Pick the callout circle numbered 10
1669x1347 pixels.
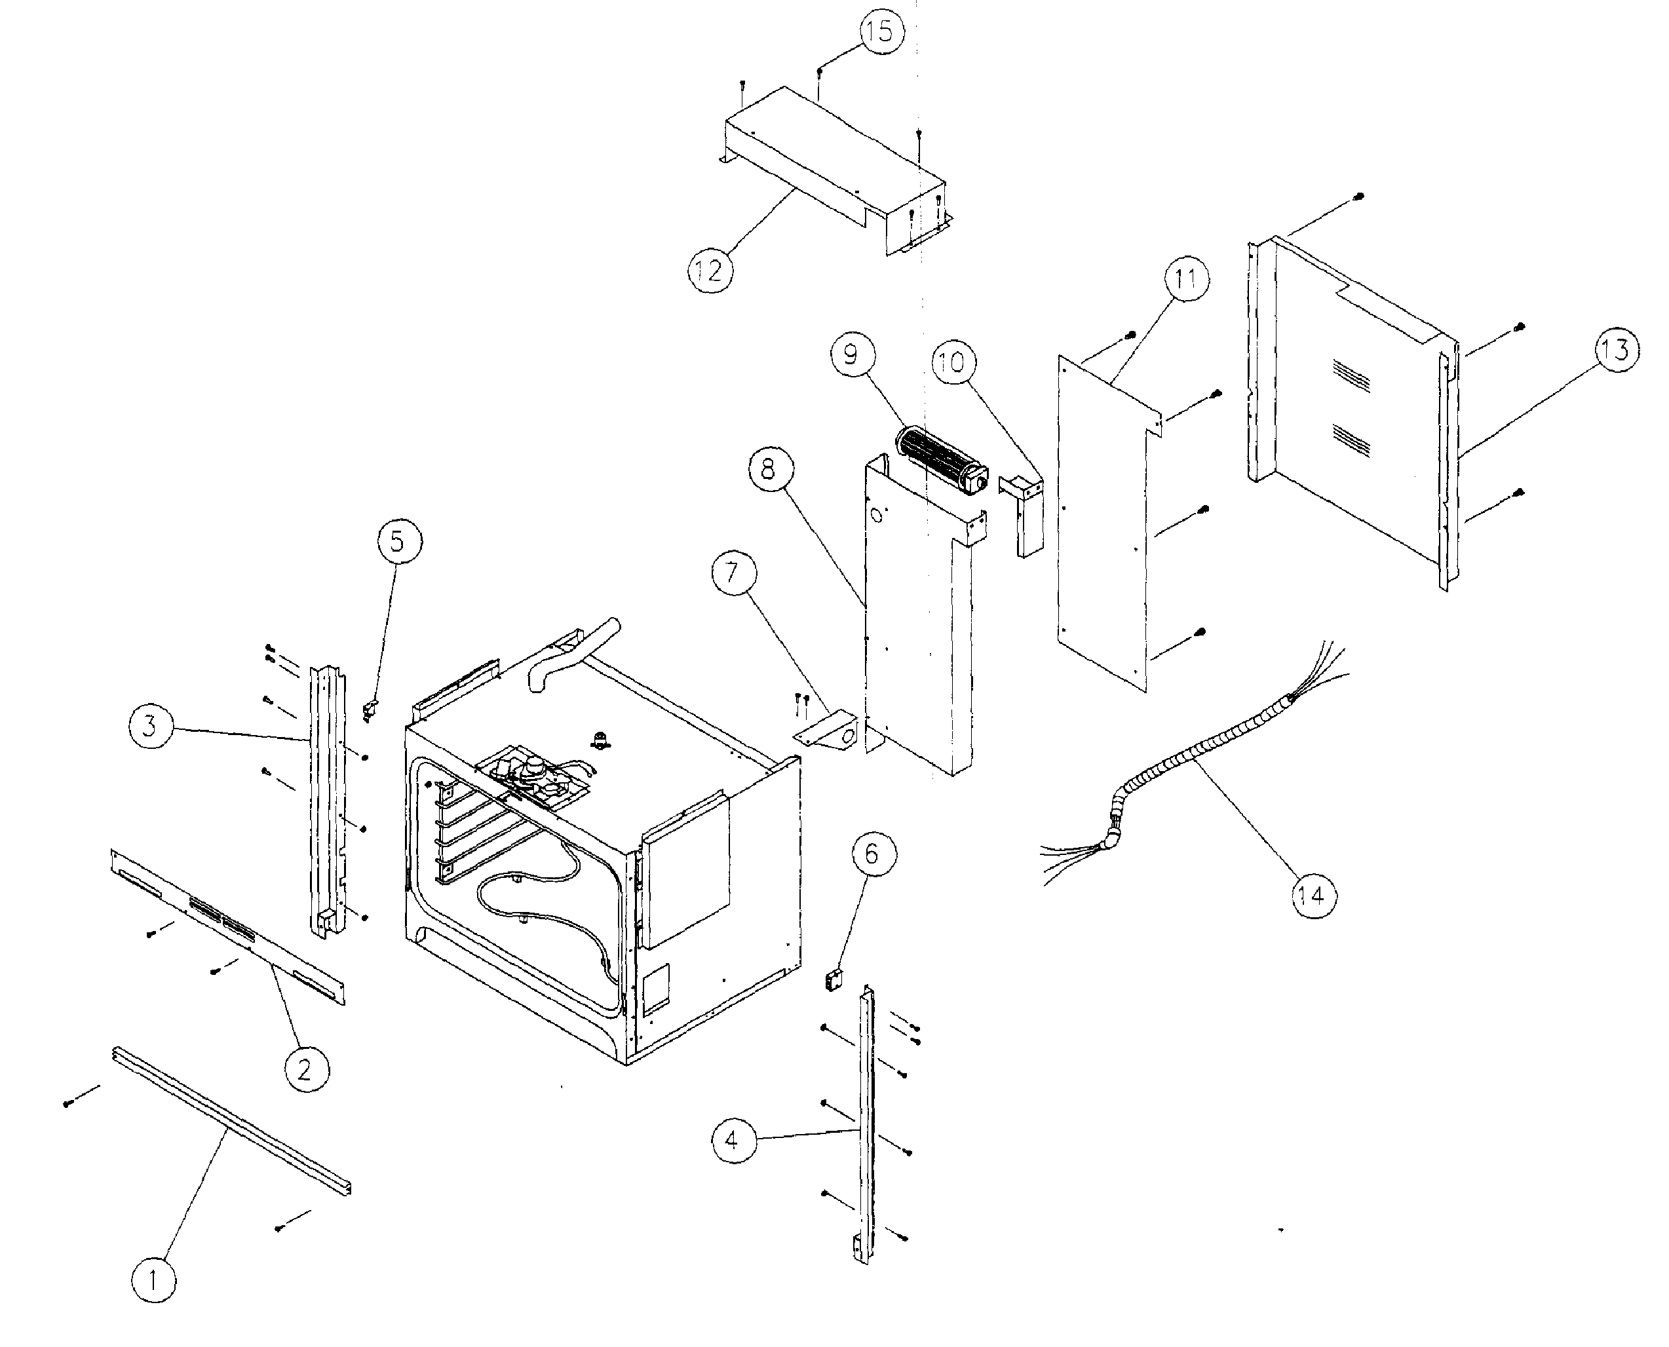coord(953,362)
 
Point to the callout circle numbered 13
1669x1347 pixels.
coord(1616,349)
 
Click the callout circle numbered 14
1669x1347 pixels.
coord(1313,896)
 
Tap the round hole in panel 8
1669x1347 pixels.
coord(877,514)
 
